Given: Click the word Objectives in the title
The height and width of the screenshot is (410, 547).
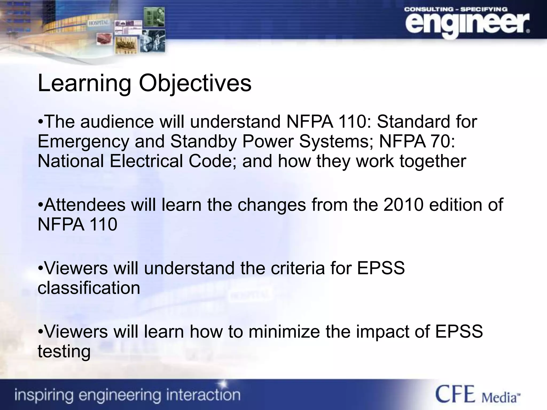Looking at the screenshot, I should pyautogui.click(x=195, y=83).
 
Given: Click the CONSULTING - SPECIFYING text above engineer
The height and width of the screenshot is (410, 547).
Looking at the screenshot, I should pyautogui.click(x=456, y=9).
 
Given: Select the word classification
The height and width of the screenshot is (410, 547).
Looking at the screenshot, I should pyautogui.click(x=89, y=288).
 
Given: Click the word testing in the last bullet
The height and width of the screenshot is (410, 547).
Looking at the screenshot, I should pyautogui.click(x=64, y=352).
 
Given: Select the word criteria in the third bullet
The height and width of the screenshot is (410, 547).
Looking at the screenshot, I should pyautogui.click(x=298, y=268).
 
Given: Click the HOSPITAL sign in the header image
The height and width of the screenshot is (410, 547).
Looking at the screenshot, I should pyautogui.click(x=99, y=23).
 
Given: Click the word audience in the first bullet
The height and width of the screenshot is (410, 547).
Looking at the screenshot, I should pyautogui.click(x=117, y=122).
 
